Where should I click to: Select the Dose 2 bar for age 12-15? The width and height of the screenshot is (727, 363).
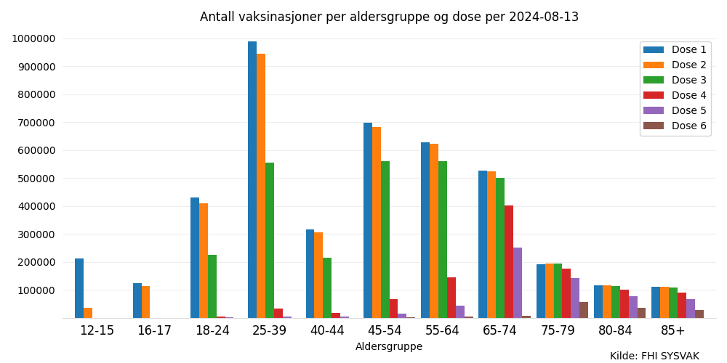[x=88, y=313]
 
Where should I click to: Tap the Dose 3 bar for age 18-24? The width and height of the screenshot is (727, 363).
[x=212, y=286]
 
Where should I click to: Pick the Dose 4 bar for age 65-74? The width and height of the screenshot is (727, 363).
[x=509, y=261]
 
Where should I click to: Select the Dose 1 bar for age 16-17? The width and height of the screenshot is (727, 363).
[x=137, y=301]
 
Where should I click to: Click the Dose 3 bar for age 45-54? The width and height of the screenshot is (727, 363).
[x=385, y=240]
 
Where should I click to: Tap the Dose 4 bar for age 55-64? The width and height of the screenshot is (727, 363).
[x=451, y=298]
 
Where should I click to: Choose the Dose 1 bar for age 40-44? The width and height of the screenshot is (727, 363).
[x=310, y=274]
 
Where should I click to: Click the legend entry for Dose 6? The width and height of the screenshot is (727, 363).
[x=688, y=126]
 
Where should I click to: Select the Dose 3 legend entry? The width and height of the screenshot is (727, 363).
[x=688, y=81]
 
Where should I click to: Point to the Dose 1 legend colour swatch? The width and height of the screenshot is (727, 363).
[x=654, y=50]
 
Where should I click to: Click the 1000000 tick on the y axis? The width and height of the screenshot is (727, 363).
[x=34, y=39]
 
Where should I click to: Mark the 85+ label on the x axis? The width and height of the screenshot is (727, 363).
[x=673, y=331]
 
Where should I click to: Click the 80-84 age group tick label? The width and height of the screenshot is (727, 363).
[x=616, y=331]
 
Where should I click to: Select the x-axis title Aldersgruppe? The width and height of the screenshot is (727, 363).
[x=389, y=347]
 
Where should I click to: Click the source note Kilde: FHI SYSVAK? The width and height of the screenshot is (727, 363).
[x=654, y=356]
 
